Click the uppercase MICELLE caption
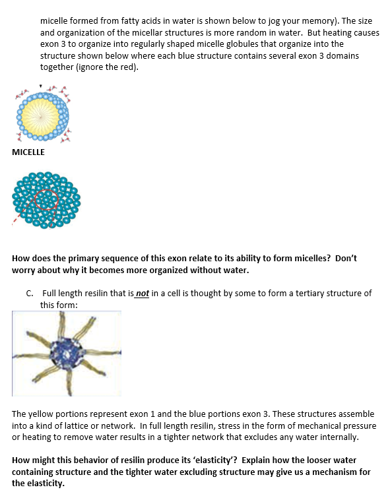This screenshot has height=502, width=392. pos(28,152)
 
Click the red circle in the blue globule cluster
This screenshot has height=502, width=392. pos(48,200)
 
